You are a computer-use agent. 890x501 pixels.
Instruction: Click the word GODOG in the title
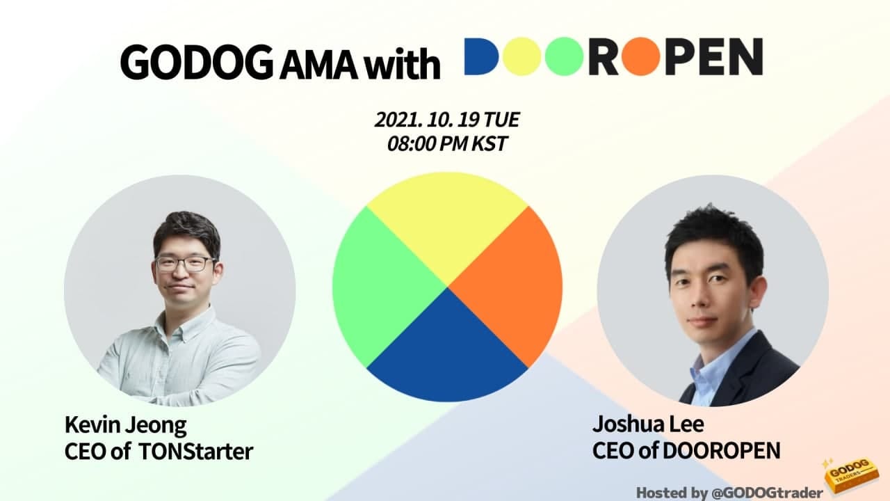pyautogui.click(x=197, y=64)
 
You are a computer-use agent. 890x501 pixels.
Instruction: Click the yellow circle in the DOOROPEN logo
pyautogui.click(x=522, y=56)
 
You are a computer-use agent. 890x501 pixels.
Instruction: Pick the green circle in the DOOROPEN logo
pyautogui.click(x=563, y=56)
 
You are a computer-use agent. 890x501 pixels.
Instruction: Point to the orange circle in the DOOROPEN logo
pyautogui.click(x=640, y=56)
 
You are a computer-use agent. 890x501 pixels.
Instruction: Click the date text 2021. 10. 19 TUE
pyautogui.click(x=447, y=120)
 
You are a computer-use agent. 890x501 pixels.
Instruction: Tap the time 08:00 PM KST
pyautogui.click(x=447, y=145)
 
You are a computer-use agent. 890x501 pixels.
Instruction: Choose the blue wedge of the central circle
pyautogui.click(x=447, y=348)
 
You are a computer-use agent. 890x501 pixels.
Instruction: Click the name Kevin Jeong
pyautogui.click(x=125, y=424)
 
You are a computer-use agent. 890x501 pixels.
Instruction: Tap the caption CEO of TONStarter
pyautogui.click(x=159, y=451)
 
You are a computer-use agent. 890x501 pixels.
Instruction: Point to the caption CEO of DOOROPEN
pyautogui.click(x=686, y=450)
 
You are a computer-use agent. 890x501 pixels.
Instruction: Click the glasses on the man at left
pyautogui.click(x=184, y=264)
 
